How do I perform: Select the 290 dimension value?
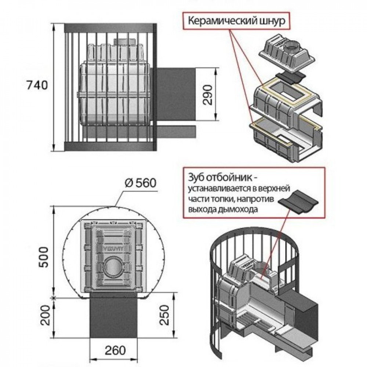coord(207,95)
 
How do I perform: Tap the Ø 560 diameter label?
coord(141,183)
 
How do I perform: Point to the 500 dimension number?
coord(44,257)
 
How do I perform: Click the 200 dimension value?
coord(45,315)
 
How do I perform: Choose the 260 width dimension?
coord(115,350)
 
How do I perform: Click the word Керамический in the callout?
coord(222,21)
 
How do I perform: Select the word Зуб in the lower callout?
coord(196,178)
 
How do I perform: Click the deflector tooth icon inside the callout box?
coord(298,202)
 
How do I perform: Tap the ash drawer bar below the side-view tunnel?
coord(139,131)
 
